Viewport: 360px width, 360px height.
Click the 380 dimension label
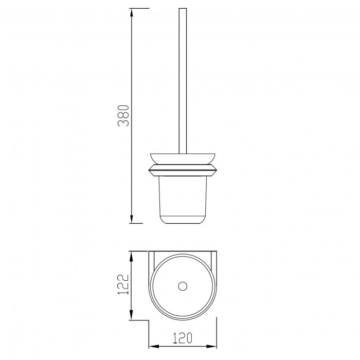pyautogui.click(x=123, y=116)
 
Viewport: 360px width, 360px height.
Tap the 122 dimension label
pyautogui.click(x=122, y=284)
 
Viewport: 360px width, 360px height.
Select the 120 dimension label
pyautogui.click(x=182, y=338)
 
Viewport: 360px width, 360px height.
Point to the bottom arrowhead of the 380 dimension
pyautogui.click(x=132, y=219)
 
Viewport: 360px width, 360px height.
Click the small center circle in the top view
pyautogui.click(x=183, y=286)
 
